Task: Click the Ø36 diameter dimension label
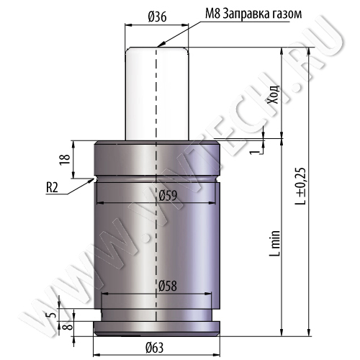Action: click(x=157, y=17)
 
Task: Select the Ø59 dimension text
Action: click(x=168, y=196)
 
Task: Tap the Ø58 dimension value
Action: click(x=168, y=286)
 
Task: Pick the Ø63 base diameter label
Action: click(x=155, y=348)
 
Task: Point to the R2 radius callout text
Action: click(x=52, y=187)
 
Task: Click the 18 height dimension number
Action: click(x=66, y=159)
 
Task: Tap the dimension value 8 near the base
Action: click(x=69, y=326)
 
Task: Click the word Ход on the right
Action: click(x=274, y=94)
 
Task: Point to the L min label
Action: click(x=274, y=243)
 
